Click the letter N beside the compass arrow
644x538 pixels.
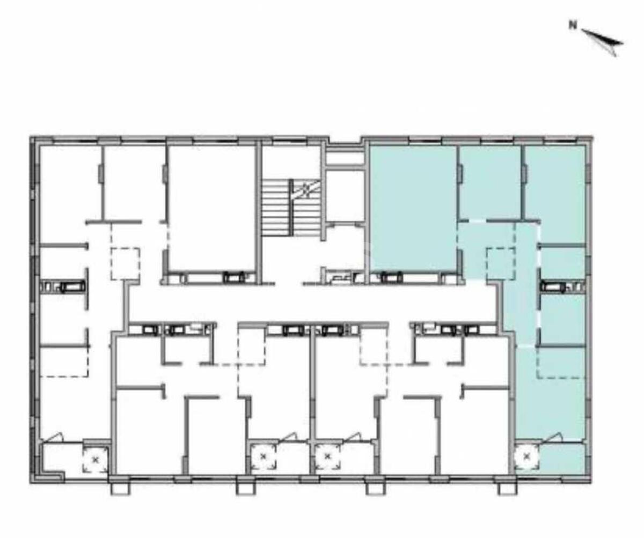573,26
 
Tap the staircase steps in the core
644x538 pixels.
290,208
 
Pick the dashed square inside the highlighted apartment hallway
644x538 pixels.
501,263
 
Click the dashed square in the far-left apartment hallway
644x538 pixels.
125,264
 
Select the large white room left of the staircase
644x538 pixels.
213,208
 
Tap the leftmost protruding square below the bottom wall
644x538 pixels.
120,489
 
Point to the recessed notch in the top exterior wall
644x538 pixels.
345,141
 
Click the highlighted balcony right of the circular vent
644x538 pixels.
562,458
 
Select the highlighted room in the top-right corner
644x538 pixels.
555,194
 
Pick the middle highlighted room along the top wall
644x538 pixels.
491,182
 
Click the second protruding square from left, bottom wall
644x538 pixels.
246,489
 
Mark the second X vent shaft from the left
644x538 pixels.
263,456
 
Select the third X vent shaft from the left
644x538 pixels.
327,456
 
